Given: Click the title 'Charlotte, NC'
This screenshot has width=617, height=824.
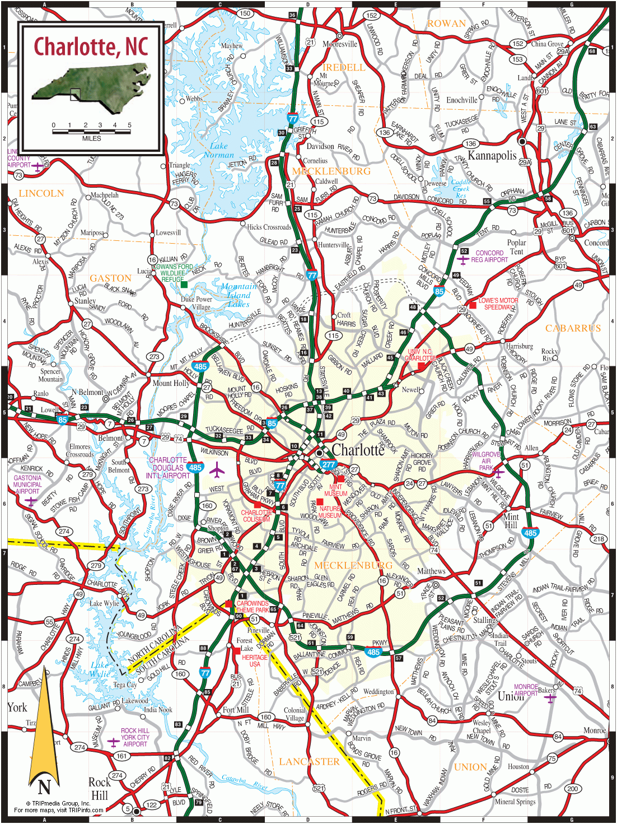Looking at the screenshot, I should pos(91,47).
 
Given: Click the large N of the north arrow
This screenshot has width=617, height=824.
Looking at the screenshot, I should pos(44,786).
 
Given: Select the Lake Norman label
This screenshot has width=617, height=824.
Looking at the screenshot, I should pos(219,150).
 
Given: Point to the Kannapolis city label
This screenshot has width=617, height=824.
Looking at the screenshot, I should pos(492,155).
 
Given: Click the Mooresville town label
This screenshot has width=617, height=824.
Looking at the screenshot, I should pos(340,44).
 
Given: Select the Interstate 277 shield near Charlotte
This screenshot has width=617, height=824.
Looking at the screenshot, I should pos(329,464).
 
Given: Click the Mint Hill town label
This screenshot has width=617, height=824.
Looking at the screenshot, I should pos(511,520).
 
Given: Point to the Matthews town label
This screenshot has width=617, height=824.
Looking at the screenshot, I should pos(431,571).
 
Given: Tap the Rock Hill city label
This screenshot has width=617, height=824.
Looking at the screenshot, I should pos(99,789).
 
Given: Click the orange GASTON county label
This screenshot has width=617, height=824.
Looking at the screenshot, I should pos(110,278).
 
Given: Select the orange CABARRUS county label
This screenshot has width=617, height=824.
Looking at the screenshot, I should pos(573,328).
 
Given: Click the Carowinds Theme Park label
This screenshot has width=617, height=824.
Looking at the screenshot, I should pos(253,607).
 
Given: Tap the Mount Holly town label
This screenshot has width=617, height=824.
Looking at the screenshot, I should pos(171,383).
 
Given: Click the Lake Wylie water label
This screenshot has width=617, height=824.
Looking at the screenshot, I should pos(100,669).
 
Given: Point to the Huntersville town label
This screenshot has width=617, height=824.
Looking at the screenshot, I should pos(333,245).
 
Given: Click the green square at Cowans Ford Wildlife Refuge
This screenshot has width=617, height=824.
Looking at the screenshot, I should pos(184,285).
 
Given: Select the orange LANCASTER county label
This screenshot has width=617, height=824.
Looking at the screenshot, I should pos(309,762).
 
